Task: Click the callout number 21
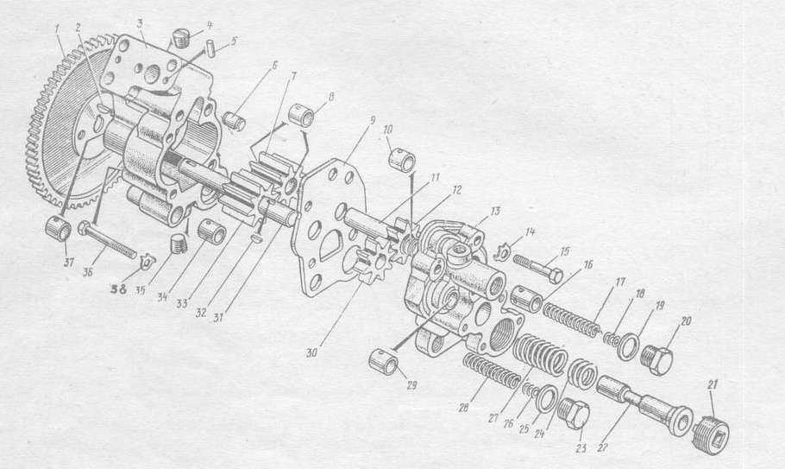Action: point(713,385)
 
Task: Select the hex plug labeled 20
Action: point(656,358)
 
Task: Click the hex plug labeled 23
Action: point(575,414)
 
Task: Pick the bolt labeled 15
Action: point(537,269)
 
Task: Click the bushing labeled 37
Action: point(59,230)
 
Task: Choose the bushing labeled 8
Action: point(302,116)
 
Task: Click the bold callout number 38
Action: point(120,288)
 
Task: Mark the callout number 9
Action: point(372,121)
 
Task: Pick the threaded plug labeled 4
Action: point(182,38)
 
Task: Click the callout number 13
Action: point(495,212)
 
